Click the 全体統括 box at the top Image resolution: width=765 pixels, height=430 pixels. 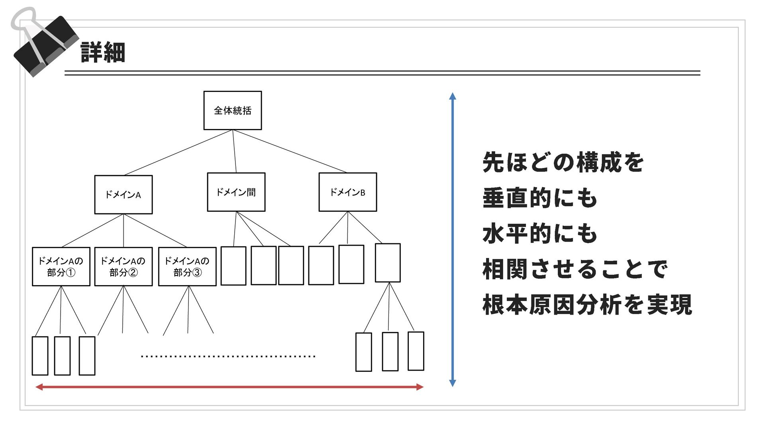(232, 110)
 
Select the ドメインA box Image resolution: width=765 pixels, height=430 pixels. (123, 194)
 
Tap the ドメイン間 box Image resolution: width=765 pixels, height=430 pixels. (236, 192)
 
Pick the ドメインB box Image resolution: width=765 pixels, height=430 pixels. (347, 192)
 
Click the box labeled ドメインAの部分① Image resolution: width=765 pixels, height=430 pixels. (61, 266)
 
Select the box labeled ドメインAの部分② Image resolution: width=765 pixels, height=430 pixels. (124, 266)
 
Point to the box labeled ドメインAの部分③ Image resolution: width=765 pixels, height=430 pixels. (187, 266)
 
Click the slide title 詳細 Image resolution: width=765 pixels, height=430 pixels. (103, 53)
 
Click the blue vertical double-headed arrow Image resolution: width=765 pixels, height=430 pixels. (452, 239)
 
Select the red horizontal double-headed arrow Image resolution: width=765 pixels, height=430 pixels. (229, 387)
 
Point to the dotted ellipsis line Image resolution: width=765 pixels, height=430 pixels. (228, 356)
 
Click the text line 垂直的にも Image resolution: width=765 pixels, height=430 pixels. (540, 198)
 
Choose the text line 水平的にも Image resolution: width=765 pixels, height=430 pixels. (540, 233)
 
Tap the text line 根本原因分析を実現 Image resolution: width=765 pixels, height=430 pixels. (587, 305)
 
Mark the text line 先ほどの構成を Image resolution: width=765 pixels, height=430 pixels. (563, 162)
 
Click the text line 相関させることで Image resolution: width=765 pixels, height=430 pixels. (575, 269)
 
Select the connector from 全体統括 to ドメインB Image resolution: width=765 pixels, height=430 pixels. (290, 151)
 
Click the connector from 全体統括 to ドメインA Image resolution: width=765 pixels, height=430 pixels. (178, 152)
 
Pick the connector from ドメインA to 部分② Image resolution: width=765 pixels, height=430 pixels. (124, 231)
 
